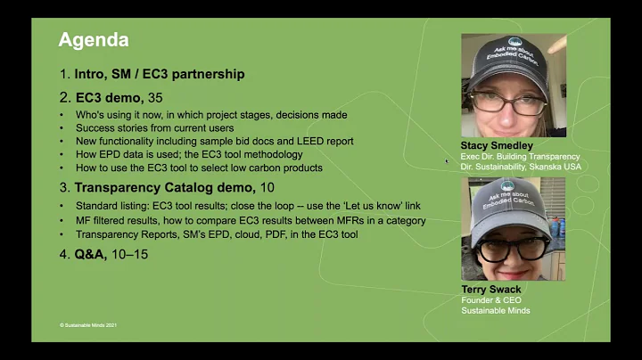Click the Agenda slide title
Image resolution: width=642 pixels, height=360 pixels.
coord(94,40)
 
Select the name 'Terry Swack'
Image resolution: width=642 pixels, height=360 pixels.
coord(490,290)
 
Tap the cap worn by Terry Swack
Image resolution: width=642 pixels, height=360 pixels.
coord(505,201)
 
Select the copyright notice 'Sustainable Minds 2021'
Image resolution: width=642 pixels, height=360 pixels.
coord(88,324)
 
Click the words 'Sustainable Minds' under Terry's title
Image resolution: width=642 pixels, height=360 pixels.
coord(496,311)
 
